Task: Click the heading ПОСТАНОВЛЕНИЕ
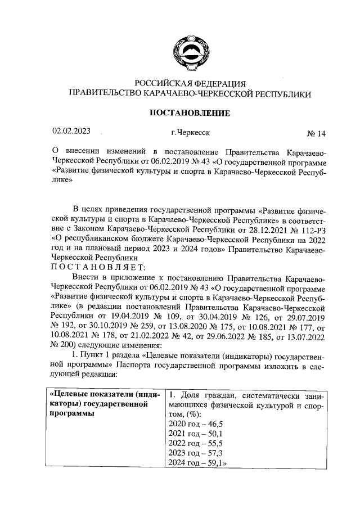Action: click(189, 113)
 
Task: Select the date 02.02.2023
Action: click(71, 132)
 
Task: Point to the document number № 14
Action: click(316, 134)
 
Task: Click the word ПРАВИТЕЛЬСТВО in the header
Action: click(105, 94)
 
